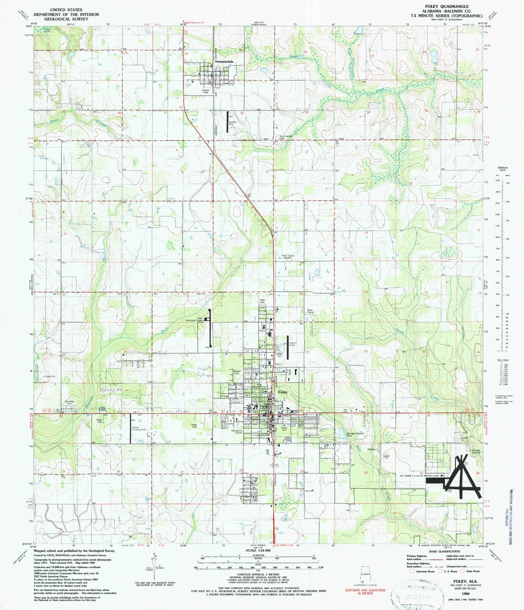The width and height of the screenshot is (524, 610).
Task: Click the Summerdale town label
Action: [224, 61]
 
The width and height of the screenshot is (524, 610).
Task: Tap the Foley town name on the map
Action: [283, 392]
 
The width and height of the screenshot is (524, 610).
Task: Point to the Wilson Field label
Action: [293, 344]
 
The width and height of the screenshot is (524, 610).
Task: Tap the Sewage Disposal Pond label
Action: [355, 434]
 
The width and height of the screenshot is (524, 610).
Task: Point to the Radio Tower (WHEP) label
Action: [288, 256]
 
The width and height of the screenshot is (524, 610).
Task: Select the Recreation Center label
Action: [237, 432]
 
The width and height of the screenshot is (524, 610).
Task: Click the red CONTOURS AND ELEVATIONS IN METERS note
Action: [365, 591]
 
